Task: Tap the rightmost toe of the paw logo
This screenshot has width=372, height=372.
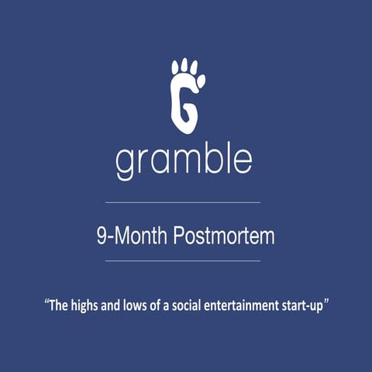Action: click(x=201, y=80)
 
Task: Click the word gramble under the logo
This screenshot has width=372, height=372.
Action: click(x=184, y=160)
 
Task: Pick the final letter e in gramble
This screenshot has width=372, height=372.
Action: click(x=241, y=160)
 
